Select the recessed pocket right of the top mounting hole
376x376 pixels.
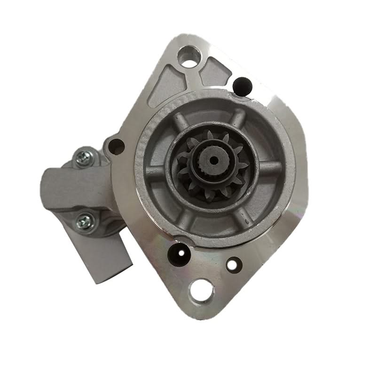tap(215, 71)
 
